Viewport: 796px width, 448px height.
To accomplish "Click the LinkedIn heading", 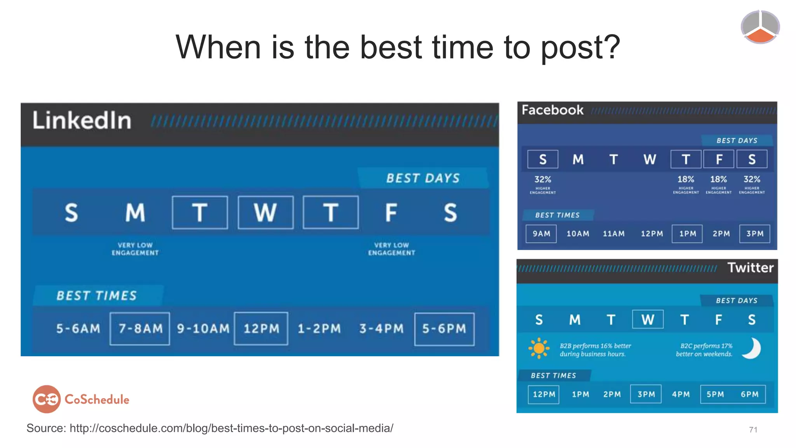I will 82,120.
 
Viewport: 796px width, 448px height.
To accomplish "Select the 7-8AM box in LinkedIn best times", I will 140,329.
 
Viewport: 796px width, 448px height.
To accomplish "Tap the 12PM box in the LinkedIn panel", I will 261,329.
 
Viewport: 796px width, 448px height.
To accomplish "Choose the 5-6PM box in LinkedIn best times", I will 444,329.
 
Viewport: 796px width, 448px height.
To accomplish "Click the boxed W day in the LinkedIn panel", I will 265,212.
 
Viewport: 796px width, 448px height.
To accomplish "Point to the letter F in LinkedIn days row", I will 391,213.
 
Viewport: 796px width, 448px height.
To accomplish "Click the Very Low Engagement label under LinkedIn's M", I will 135,249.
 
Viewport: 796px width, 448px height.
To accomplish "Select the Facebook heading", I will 552,110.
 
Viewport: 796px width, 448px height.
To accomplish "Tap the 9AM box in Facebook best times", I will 541,234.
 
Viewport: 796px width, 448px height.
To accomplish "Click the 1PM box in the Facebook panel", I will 687,234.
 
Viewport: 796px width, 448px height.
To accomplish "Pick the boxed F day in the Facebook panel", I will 719,159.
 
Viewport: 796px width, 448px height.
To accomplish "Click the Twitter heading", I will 750,268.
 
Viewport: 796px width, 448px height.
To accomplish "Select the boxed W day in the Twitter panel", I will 648,320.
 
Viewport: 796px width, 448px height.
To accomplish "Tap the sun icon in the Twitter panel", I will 539,348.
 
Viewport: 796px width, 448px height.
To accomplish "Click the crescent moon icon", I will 752,348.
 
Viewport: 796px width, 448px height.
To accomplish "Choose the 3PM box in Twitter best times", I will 646,394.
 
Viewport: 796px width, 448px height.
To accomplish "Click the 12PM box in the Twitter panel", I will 544,394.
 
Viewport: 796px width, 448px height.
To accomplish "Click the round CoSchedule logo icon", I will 47,399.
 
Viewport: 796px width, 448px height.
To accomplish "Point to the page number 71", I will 753,430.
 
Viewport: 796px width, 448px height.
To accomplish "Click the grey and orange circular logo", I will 760,27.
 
